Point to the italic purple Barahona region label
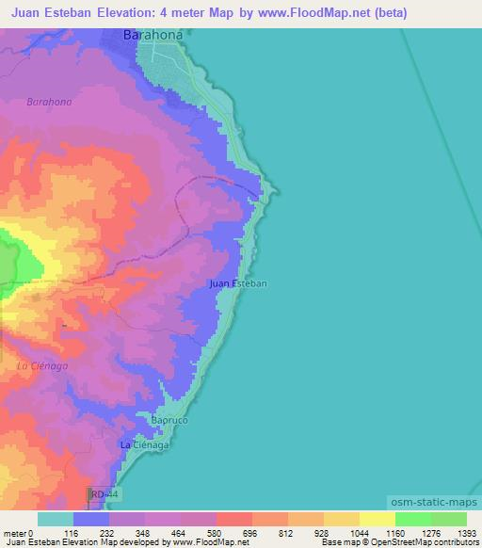pyautogui.click(x=49, y=102)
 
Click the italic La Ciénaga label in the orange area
pyautogui.click(x=42, y=366)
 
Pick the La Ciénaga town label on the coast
pyautogui.click(x=144, y=444)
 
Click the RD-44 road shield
pyautogui.click(x=104, y=493)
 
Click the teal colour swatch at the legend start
pyautogui.click(x=55, y=519)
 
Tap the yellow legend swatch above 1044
pyautogui.click(x=341, y=519)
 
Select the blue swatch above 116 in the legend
pyautogui.click(x=91, y=519)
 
